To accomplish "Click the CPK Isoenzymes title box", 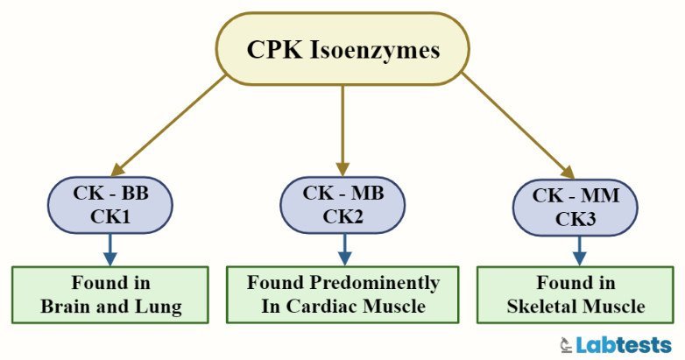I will coord(342,49).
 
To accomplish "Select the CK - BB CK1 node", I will coord(109,207).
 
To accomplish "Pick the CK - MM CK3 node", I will coord(576,208).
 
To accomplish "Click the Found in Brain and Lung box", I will coord(109,295).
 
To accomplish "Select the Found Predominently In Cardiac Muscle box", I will coord(342,294).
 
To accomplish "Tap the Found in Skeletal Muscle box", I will coord(576,295).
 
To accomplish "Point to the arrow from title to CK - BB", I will coord(171,123).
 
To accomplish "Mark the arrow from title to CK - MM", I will coord(517,123).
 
